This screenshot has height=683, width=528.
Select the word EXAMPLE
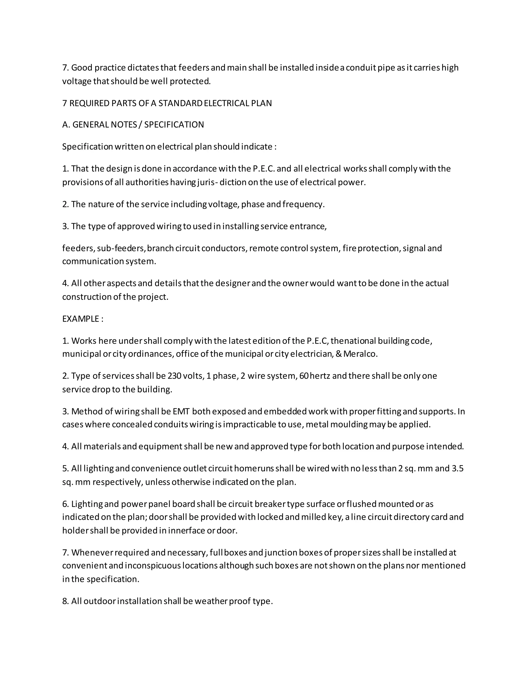81,319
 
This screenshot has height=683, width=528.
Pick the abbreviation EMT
181,411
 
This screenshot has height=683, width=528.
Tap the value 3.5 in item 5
458,469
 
